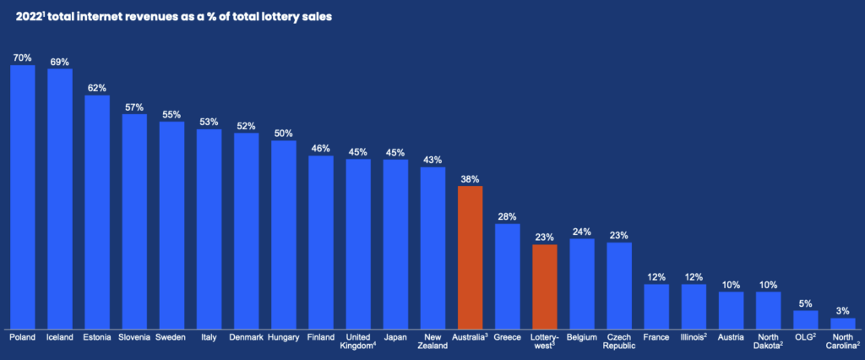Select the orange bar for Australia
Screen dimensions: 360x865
pyautogui.click(x=470, y=257)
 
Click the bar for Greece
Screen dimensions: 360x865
pyautogui.click(x=507, y=275)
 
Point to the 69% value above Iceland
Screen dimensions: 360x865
pyautogui.click(x=59, y=63)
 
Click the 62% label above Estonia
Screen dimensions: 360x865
pyautogui.click(x=96, y=89)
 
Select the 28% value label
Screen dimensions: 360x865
pyautogui.click(x=507, y=217)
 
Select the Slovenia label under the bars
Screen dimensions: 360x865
pyautogui.click(x=134, y=338)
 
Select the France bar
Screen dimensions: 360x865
pyautogui.click(x=656, y=306)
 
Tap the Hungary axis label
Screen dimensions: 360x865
pyautogui.click(x=283, y=338)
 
